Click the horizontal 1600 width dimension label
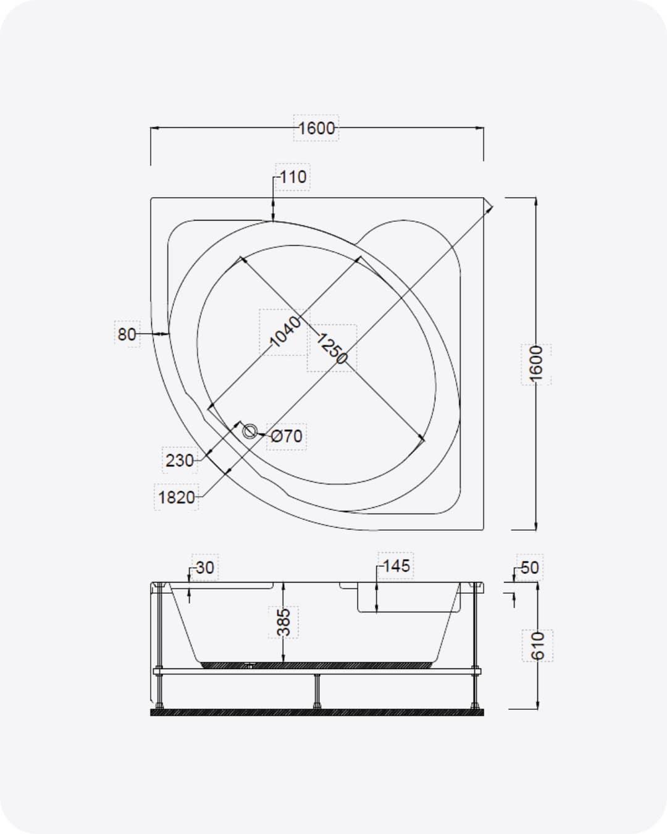tap(316, 128)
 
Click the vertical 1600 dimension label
tap(536, 364)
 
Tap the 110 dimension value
tap(293, 177)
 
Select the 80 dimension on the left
tap(127, 334)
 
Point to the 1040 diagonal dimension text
tap(285, 331)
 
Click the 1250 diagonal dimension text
tap(332, 348)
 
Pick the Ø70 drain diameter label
tap(287, 436)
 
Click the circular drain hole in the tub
tap(250, 431)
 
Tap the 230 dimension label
tap(180, 460)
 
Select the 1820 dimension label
tap(177, 497)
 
